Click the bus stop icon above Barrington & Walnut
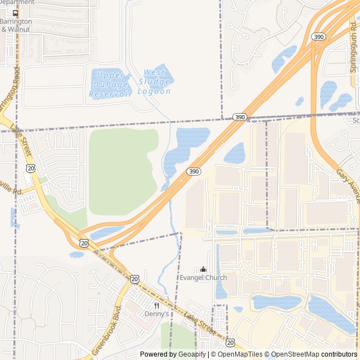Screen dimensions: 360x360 click(x=15, y=13)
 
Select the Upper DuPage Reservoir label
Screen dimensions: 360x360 click(x=111, y=84)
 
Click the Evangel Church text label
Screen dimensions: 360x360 click(x=203, y=277)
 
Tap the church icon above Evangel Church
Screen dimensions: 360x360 click(x=203, y=269)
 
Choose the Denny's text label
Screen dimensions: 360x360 click(x=156, y=314)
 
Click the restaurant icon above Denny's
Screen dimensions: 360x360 click(x=156, y=305)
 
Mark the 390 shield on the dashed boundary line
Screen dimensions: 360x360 click(x=240, y=117)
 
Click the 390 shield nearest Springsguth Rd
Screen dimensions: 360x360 click(x=318, y=37)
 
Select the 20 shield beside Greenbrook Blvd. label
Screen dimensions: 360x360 click(x=135, y=279)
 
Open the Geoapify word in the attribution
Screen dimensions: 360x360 click(x=192, y=354)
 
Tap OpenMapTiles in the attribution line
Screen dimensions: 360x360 click(x=240, y=354)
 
